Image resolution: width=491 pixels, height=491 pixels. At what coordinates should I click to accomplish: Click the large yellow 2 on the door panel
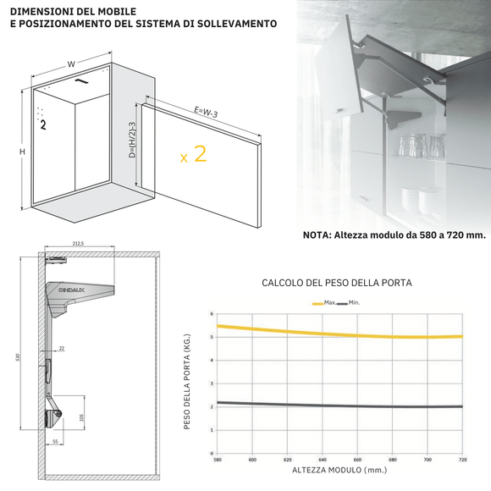200,154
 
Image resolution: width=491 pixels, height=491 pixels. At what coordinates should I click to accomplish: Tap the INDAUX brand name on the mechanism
72,290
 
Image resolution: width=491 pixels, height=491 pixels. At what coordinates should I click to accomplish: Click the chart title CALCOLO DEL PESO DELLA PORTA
337,283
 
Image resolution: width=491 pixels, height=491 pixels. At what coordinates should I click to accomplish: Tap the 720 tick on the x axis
461,460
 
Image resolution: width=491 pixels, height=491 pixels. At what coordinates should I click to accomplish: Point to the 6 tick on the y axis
212,314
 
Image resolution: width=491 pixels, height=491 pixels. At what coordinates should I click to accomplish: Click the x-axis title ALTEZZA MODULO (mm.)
339,470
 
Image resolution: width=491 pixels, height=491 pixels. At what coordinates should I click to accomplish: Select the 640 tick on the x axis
322,460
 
